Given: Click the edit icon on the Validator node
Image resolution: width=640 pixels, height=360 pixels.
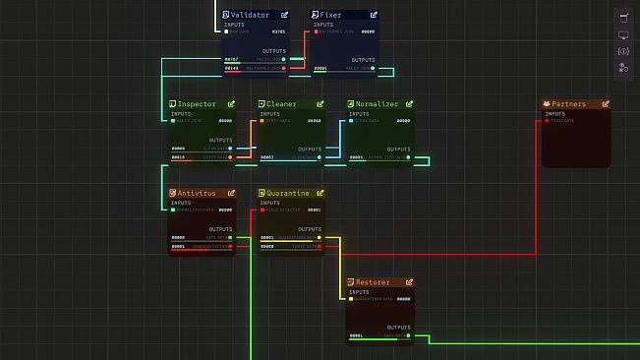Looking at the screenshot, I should coord(284,15).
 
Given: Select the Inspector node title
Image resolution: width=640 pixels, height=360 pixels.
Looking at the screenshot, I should coord(197,103).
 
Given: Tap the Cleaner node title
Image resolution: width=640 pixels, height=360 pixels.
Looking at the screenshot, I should coord(281,103).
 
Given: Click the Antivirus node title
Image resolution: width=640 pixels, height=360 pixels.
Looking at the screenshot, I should coord(198,193).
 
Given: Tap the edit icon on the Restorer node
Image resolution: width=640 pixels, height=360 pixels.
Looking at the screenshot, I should coord(410,282).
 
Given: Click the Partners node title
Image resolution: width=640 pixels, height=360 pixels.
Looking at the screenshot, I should coord(568,103).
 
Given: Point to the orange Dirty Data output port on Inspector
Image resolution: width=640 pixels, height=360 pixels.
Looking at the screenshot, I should coord(230,157).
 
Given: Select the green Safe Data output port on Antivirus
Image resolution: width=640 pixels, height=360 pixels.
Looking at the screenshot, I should coord(230,237).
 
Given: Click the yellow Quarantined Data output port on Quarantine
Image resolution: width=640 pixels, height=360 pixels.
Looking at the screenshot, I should coord(320,237).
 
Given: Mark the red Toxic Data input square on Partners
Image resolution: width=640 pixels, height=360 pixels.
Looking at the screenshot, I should coord(548,121).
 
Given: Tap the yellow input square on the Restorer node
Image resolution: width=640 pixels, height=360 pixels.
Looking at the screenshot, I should coord(352,299).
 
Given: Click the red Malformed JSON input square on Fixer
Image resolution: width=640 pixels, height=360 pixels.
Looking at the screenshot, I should coord(316,31).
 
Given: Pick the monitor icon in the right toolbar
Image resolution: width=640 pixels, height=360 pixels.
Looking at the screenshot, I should coord(623,34).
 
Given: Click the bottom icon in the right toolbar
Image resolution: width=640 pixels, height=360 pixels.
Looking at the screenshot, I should coord(623,68).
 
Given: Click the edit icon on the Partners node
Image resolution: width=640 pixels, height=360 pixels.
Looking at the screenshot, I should coord(606,103).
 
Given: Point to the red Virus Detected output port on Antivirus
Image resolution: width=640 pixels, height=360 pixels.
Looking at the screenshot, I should coord(230,246).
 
